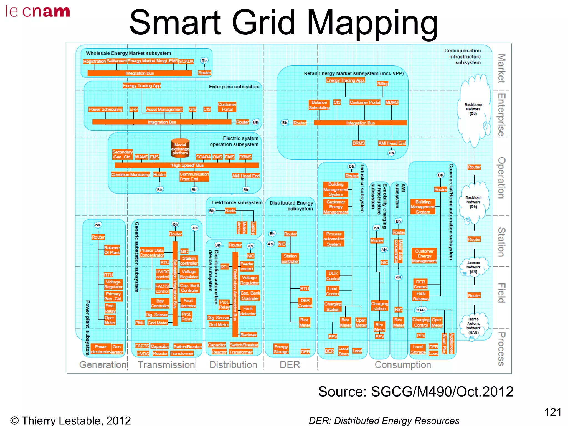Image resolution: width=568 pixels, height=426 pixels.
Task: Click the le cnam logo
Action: (x=38, y=12)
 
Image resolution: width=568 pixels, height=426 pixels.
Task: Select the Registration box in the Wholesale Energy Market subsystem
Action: (x=94, y=61)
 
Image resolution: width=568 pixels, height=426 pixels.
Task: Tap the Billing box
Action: (x=383, y=84)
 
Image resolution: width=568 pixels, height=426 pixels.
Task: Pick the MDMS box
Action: (x=392, y=102)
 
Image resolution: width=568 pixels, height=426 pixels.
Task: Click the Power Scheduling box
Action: (x=105, y=109)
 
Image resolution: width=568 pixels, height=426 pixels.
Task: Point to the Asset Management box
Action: (x=164, y=109)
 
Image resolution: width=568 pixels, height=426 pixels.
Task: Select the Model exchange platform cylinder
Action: (x=180, y=148)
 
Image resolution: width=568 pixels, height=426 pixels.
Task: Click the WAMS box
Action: (x=141, y=157)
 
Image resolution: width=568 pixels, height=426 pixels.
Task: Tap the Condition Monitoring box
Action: (x=130, y=174)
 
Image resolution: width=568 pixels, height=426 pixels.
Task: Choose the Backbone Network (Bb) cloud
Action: (x=473, y=109)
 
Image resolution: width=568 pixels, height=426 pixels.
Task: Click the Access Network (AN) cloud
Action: (x=473, y=267)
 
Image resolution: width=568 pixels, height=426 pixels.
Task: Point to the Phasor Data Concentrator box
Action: (x=152, y=252)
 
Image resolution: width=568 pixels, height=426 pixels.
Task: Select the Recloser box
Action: (x=248, y=335)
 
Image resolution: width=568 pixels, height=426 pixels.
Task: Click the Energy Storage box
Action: (x=281, y=349)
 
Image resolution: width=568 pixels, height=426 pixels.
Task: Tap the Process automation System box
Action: (x=334, y=239)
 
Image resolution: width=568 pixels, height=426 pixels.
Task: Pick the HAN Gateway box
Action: (x=421, y=296)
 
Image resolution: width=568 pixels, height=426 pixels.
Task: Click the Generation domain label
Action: (x=103, y=365)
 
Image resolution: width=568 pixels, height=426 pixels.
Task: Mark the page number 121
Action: (x=553, y=412)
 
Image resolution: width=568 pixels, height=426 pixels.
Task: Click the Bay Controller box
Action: (x=160, y=303)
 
